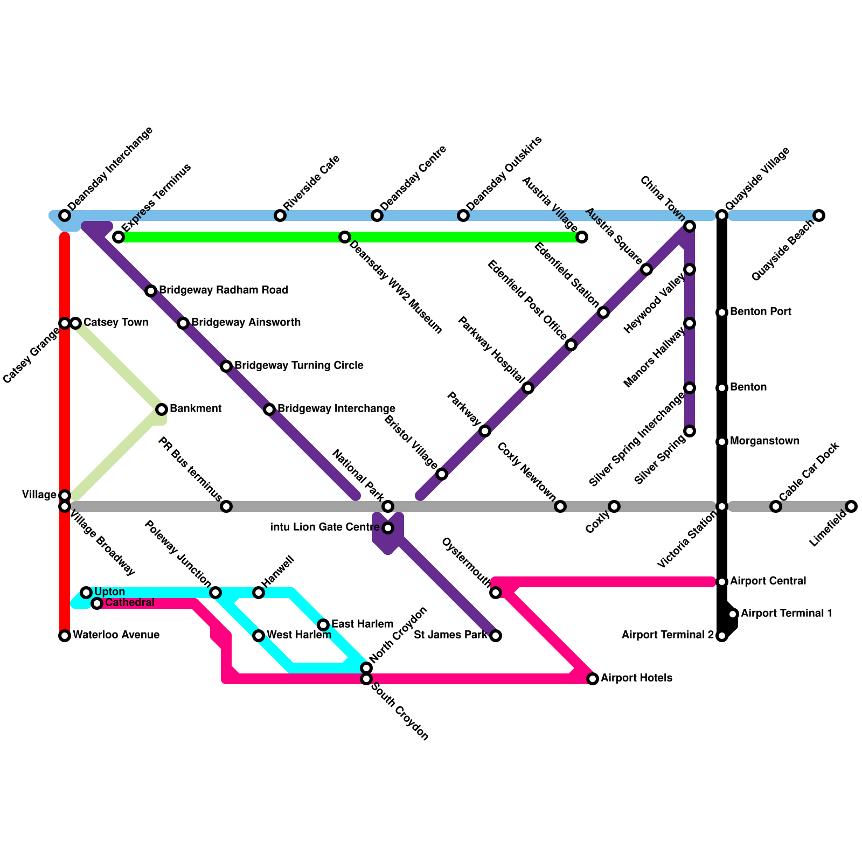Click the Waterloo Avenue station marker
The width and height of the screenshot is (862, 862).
point(65,636)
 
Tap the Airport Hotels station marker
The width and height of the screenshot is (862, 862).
point(593,679)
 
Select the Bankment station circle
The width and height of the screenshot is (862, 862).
point(162,409)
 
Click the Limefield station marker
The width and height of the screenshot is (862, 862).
point(851,506)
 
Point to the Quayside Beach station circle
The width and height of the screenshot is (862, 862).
point(819,215)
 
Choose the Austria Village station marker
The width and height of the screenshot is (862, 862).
point(582,237)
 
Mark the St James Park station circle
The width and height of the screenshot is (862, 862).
point(496,636)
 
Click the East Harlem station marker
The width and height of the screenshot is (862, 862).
point(323,625)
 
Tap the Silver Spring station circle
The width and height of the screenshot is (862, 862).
point(690,431)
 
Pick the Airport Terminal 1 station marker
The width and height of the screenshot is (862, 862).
point(733,614)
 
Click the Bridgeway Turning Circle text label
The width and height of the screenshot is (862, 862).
point(298,366)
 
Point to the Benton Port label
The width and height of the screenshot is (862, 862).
point(760,312)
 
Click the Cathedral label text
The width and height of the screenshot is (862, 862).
point(129,602)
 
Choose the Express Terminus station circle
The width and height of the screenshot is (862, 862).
point(119,237)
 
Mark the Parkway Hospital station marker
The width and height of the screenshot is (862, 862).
point(528,388)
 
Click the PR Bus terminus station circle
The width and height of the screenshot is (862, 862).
point(226,506)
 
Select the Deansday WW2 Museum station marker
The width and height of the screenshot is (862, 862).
point(345,237)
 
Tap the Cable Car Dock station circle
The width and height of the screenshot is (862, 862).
point(776,506)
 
